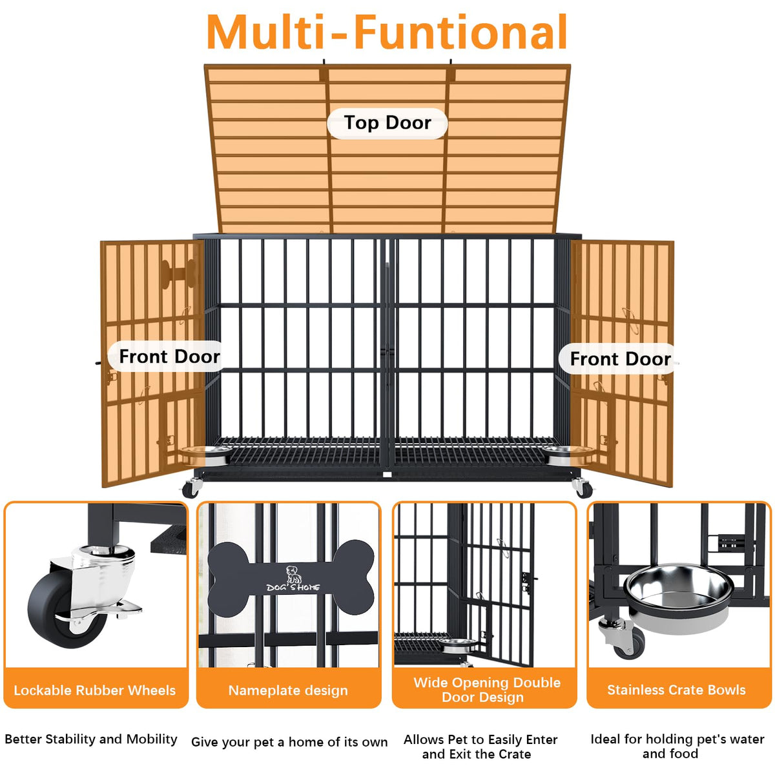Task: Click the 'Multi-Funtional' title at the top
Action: (x=386, y=32)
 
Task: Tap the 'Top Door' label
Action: (x=387, y=123)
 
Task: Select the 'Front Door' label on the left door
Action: (x=169, y=356)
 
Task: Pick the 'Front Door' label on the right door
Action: (x=620, y=358)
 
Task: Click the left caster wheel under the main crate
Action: (x=191, y=488)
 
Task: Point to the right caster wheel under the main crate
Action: (x=583, y=488)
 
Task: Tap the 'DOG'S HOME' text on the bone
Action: (x=293, y=588)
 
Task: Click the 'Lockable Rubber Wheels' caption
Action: (x=95, y=690)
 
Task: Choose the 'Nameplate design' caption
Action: (x=288, y=690)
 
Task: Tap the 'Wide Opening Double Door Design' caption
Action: (x=487, y=690)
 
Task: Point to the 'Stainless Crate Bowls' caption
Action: (x=676, y=690)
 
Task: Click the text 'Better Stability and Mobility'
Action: (x=91, y=739)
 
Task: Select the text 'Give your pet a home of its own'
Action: (x=289, y=742)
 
